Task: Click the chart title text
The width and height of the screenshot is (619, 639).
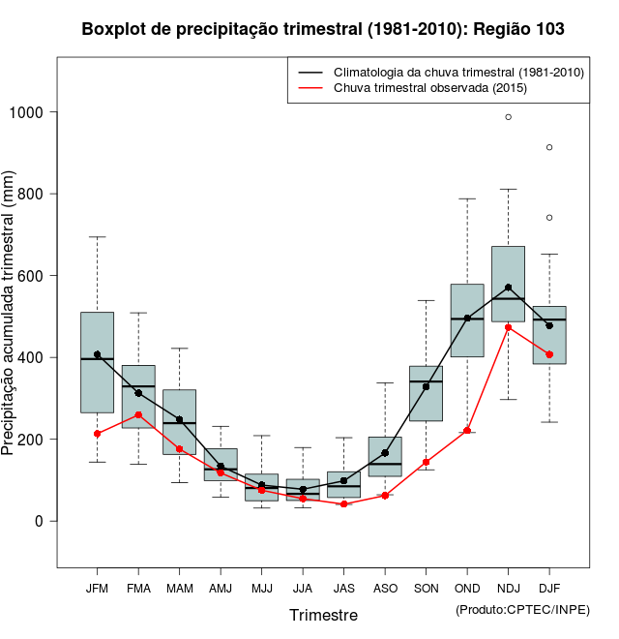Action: pyautogui.click(x=323, y=30)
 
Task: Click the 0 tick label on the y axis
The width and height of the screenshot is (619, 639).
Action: pyautogui.click(x=41, y=521)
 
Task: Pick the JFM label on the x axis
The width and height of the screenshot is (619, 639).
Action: pyautogui.click(x=97, y=589)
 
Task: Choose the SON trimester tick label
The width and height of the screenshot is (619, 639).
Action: pyautogui.click(x=426, y=589)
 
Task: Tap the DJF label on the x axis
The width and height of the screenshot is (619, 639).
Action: pyautogui.click(x=549, y=589)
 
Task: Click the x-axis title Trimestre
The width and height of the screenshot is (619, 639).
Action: pyautogui.click(x=323, y=615)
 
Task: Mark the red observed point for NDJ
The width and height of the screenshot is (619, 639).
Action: pyautogui.click(x=508, y=327)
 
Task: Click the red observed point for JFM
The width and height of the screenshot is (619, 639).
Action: pyautogui.click(x=97, y=433)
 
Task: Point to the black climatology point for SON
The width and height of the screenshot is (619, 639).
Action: pyautogui.click(x=426, y=386)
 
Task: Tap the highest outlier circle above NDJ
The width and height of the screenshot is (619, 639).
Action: pyautogui.click(x=508, y=117)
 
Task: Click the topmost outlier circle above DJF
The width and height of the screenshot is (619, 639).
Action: pyautogui.click(x=549, y=147)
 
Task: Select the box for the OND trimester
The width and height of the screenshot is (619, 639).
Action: pyautogui.click(x=467, y=320)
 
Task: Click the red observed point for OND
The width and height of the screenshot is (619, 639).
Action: pyautogui.click(x=467, y=431)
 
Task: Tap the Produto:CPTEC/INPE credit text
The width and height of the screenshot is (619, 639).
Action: pyautogui.click(x=522, y=609)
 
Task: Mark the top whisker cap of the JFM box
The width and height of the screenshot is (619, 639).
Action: pyautogui.click(x=97, y=237)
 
